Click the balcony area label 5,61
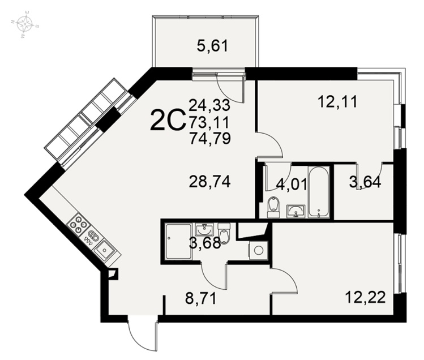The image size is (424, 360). coord(212,46)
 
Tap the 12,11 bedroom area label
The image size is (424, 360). coord(338,102)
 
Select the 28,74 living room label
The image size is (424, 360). coord(210,182)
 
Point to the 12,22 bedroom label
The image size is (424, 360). coord(365,298)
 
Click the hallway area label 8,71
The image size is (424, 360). coord(200,299)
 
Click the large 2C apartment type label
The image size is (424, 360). coord(168,120)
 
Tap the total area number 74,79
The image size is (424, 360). coord(210,138)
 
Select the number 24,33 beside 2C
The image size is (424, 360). coord(209,105)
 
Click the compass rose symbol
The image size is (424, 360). coord(25,24)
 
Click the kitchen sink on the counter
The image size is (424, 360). coord(104,250)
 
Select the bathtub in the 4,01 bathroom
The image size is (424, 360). coord(319,192)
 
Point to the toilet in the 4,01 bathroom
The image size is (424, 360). coord(273,207)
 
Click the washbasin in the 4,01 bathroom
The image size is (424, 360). coord(296,211)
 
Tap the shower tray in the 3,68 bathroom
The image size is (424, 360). coord(179,241)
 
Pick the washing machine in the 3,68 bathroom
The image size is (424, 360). coord(258,250)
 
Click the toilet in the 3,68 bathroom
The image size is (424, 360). coord(224,233)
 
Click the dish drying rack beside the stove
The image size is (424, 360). coord(91,237)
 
